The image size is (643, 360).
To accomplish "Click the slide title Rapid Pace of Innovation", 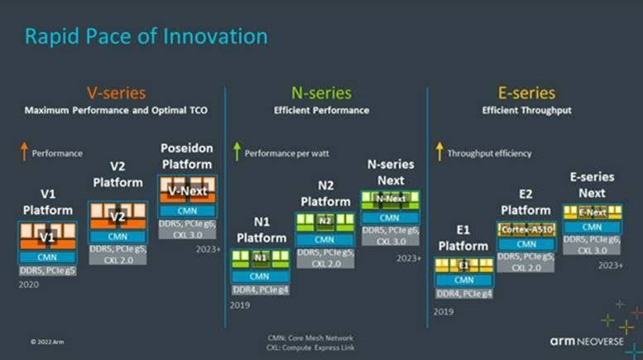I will (146, 37).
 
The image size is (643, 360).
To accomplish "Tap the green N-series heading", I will (321, 93).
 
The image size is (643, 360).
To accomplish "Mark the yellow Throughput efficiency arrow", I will (439, 152).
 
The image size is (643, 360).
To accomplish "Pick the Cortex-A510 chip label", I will (526, 229).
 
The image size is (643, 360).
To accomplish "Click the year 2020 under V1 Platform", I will (28, 283).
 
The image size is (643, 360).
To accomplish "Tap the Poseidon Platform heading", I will (186, 156).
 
